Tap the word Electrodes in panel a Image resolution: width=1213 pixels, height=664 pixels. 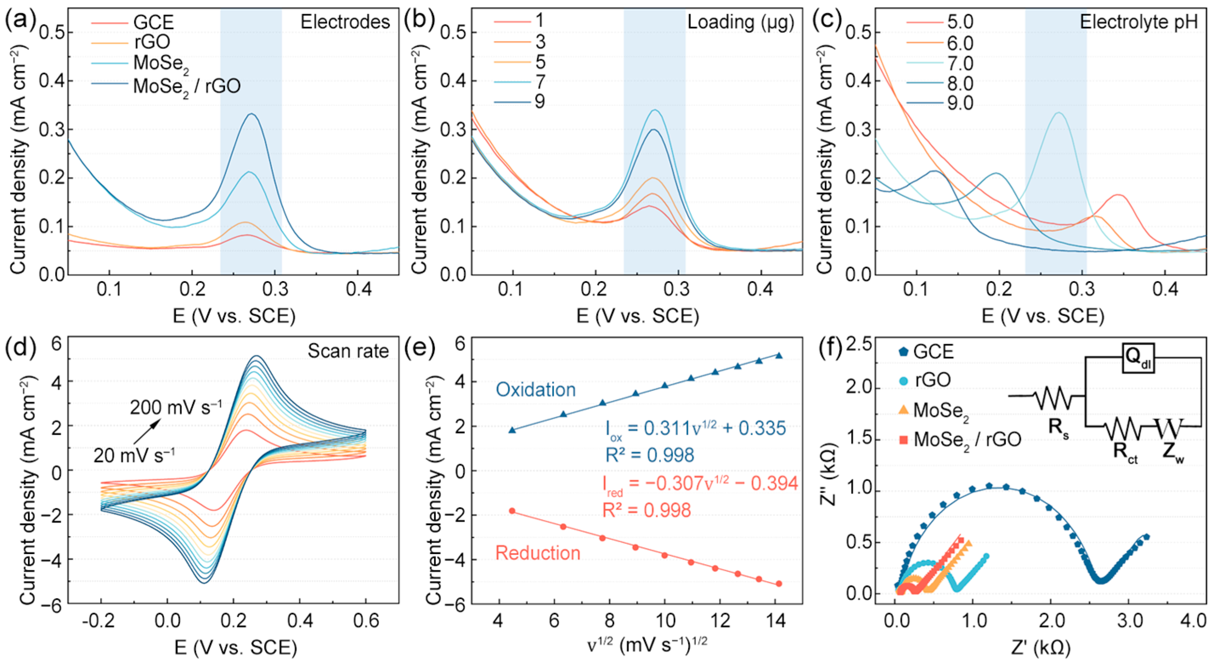point(345,22)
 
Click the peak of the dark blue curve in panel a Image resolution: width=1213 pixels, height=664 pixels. point(252,114)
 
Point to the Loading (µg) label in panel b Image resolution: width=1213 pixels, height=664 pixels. point(741,22)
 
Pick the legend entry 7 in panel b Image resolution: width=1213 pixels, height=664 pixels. point(540,82)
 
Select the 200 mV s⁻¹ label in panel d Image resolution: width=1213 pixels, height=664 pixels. point(176,407)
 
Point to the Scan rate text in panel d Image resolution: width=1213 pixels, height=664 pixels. point(348,351)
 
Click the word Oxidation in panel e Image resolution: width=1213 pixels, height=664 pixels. point(536,390)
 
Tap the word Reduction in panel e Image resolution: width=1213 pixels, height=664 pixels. point(537,553)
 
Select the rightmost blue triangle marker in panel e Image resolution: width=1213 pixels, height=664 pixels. point(779,356)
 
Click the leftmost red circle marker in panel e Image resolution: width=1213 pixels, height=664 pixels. point(512,511)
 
